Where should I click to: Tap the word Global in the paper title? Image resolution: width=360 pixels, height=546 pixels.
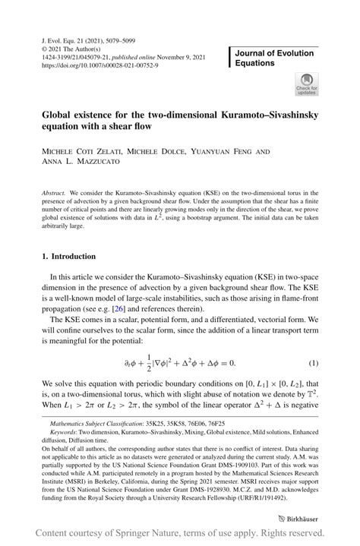click(x=58, y=113)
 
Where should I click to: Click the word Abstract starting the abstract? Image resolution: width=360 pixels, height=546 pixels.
click(x=54, y=194)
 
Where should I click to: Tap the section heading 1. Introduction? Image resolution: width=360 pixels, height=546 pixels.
click(x=68, y=257)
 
